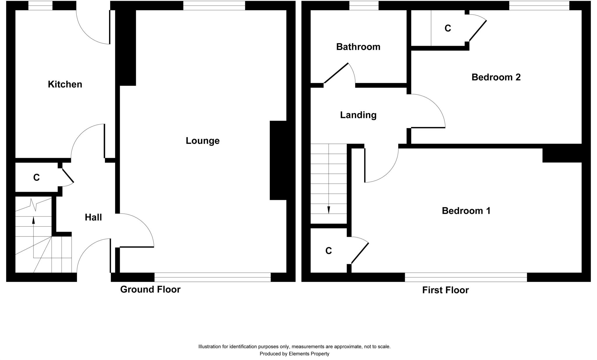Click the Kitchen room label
point(65,84)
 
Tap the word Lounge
point(203,141)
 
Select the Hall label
point(93,217)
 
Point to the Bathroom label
point(358,47)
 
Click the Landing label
point(358,115)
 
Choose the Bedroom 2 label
point(496,77)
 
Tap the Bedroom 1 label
point(466,211)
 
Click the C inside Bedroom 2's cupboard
point(448,28)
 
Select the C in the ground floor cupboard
point(36,177)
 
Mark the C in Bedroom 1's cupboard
point(329,251)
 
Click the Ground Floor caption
point(150,289)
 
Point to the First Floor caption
point(445,290)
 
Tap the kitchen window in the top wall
point(40,6)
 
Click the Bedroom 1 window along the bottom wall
point(466,277)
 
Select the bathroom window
point(364,6)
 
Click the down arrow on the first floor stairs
point(329,210)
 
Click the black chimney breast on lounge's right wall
point(278,160)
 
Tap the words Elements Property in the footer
point(309,354)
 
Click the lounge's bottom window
point(212,277)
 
